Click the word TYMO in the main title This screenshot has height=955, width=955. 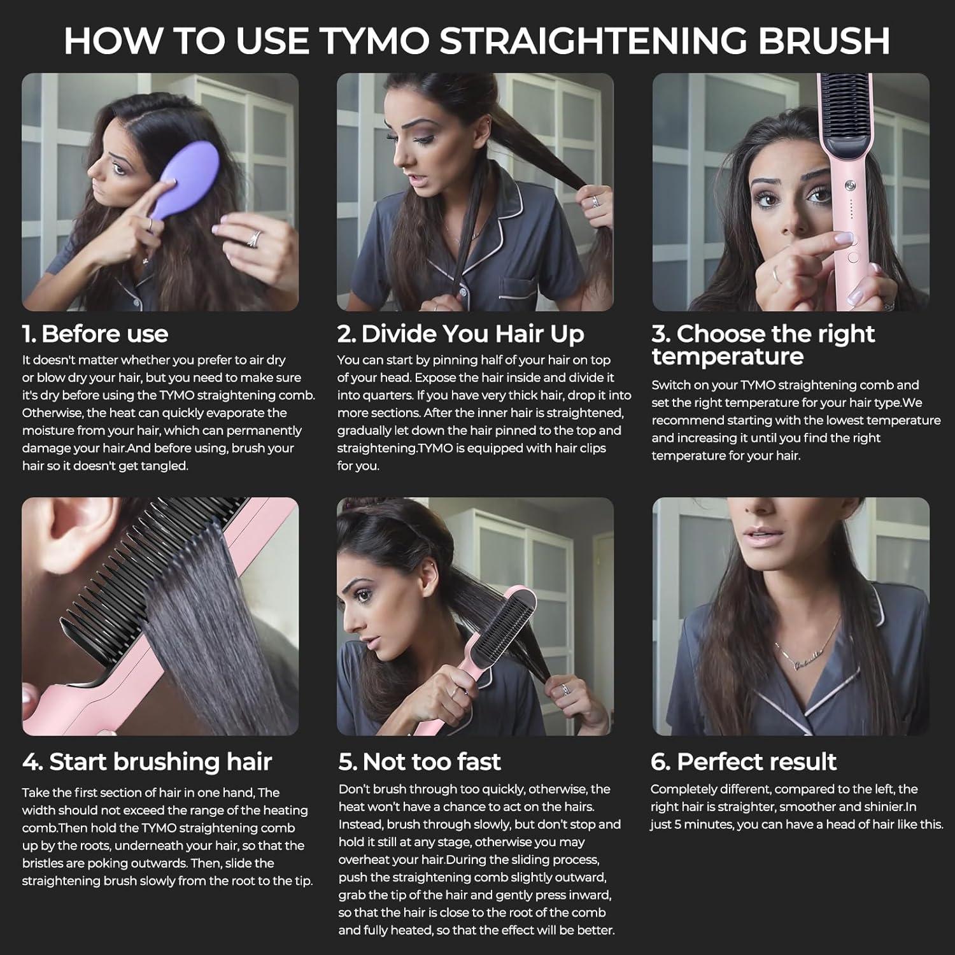[374, 40]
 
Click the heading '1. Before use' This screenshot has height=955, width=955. [95, 334]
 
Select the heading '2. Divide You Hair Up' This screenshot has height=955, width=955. [460, 334]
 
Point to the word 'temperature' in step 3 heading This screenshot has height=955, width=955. [727, 357]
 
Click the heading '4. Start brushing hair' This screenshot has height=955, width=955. [147, 761]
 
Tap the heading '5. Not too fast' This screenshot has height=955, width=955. [420, 761]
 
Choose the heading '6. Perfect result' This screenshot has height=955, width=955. [743, 761]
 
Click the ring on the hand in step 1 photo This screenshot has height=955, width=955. [254, 237]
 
